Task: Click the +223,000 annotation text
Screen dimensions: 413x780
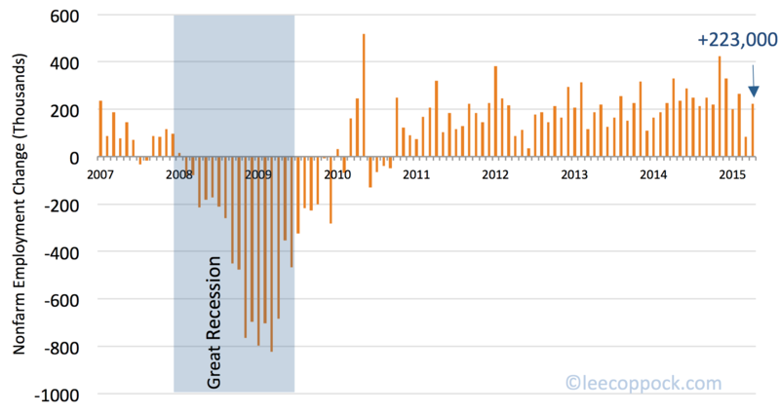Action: click(x=737, y=40)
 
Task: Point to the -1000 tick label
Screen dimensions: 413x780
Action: click(x=58, y=394)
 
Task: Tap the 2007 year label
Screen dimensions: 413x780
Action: click(x=100, y=175)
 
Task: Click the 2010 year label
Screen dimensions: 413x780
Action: click(x=337, y=175)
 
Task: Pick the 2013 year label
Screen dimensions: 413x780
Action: click(x=574, y=175)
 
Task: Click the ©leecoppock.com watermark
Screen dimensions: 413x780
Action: click(x=644, y=384)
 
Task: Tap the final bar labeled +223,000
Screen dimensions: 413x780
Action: click(x=753, y=131)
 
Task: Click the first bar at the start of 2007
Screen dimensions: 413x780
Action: click(x=100, y=129)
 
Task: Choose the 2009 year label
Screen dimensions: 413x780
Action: click(x=258, y=175)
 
